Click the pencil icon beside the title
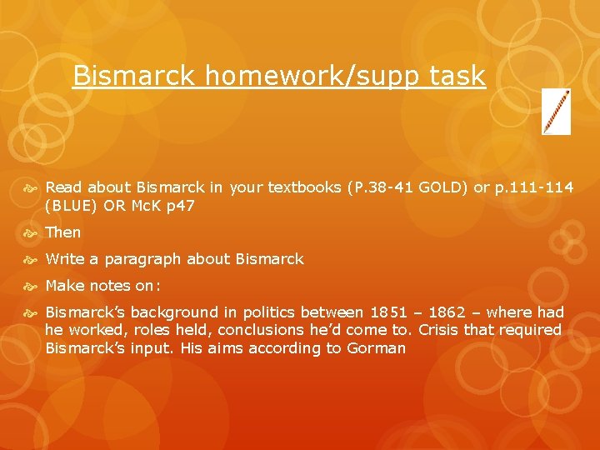click(556, 112)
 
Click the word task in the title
click(457, 77)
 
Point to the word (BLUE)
click(70, 206)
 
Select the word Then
click(63, 232)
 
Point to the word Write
click(64, 259)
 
